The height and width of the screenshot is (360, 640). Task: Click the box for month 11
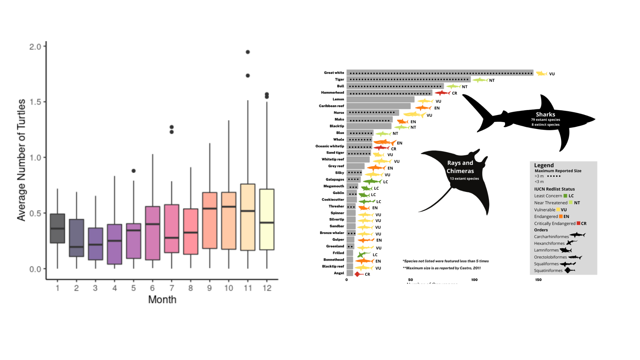(x=248, y=217)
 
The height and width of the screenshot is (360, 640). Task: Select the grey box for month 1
(x=57, y=228)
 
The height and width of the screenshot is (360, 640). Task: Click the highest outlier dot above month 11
(x=248, y=52)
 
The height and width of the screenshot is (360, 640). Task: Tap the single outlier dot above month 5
(x=134, y=171)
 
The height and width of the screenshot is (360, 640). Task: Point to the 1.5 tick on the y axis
(x=35, y=102)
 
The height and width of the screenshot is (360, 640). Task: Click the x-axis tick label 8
(x=191, y=288)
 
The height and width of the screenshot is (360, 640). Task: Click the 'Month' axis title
(x=162, y=299)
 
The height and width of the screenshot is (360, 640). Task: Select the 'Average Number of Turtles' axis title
(x=21, y=160)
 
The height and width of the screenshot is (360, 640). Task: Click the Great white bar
(x=440, y=73)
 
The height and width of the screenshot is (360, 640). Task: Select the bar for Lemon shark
(x=380, y=99)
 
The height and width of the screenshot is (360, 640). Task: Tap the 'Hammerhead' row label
(x=332, y=93)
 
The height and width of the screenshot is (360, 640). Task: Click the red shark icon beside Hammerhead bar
(x=442, y=93)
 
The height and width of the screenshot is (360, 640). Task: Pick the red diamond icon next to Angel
(x=358, y=274)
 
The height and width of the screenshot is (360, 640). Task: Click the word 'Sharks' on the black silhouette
(x=545, y=114)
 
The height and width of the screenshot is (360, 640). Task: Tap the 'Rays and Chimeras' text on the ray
(x=460, y=167)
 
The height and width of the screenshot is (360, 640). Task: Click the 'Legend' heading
(x=544, y=165)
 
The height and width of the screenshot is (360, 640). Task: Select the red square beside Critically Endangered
(x=578, y=223)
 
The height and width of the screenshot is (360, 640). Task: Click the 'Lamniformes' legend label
(x=546, y=250)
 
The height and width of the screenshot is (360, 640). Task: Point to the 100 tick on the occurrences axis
(x=474, y=280)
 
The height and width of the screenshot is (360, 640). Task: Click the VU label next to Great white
(x=552, y=74)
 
